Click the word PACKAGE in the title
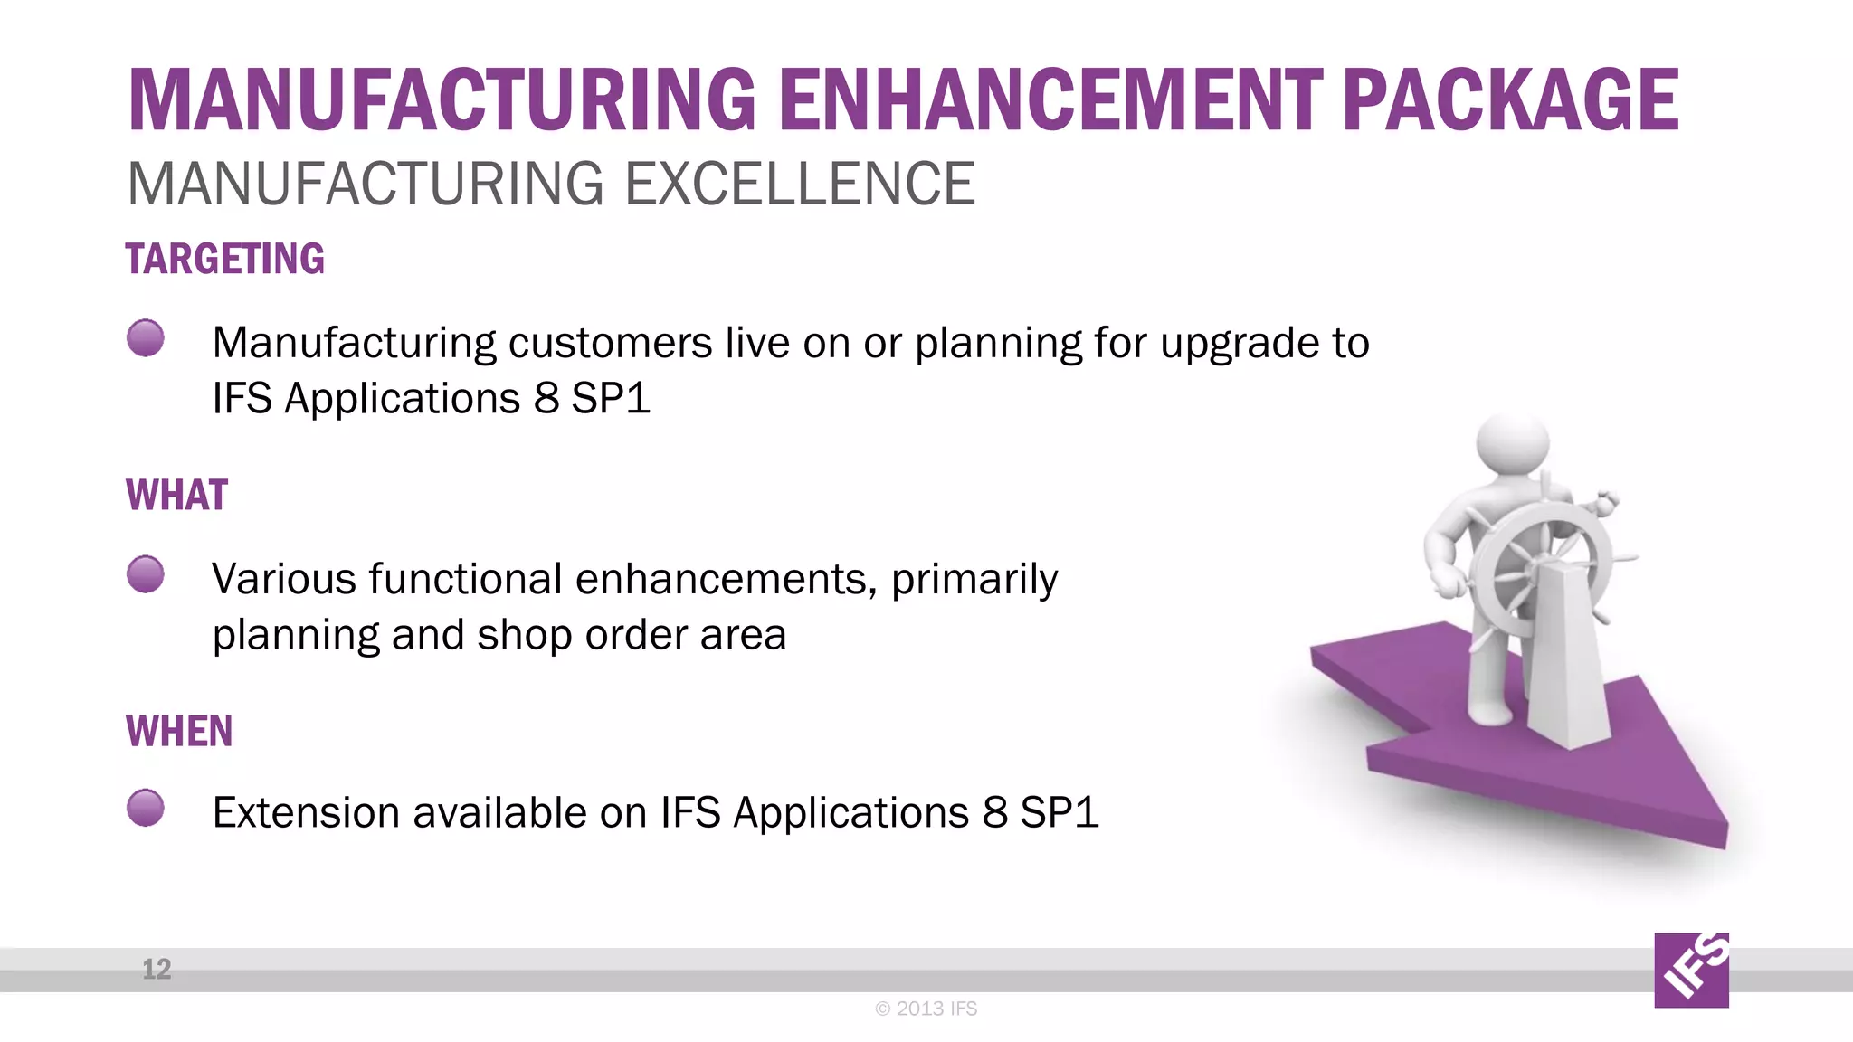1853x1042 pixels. [1510, 100]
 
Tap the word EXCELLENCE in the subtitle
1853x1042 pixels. [800, 185]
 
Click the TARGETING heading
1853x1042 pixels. [225, 260]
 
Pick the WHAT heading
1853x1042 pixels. [177, 496]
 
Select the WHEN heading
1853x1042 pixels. [179, 731]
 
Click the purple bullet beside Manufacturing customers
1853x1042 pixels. [146, 338]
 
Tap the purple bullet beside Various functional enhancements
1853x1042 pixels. [146, 574]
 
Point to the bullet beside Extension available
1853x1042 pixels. [146, 808]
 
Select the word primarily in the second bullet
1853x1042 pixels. [974, 580]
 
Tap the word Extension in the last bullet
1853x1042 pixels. [306, 812]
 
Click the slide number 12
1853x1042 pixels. [157, 970]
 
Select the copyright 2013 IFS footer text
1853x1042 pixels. [926, 1009]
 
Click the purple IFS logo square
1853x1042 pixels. [1691, 971]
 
